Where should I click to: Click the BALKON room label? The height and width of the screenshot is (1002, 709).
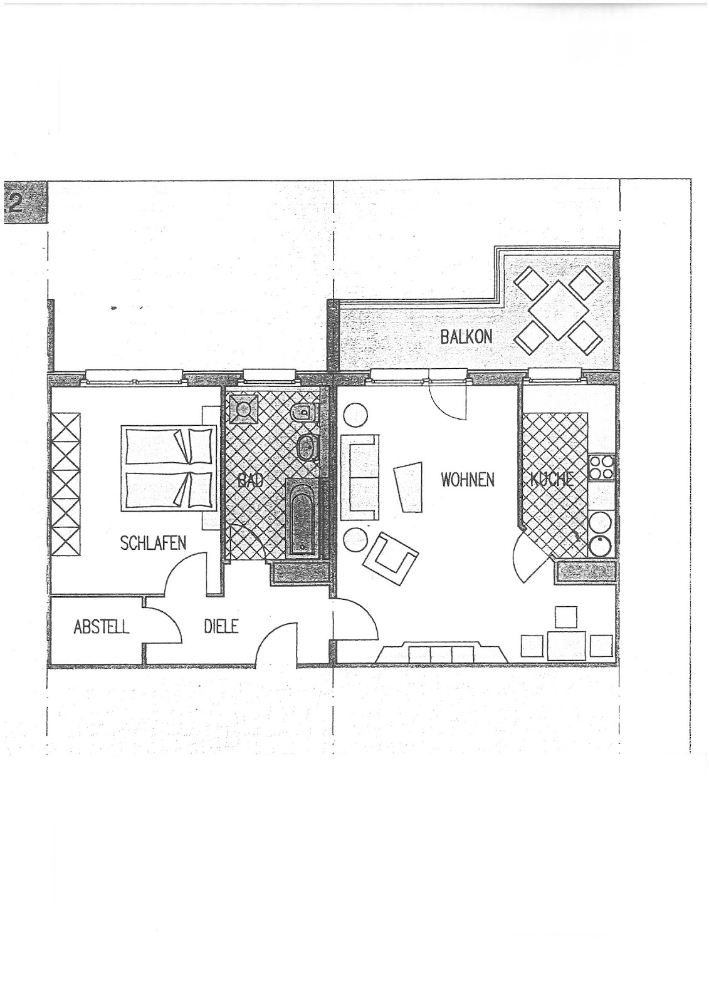466,336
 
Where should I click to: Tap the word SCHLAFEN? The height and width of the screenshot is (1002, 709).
153,543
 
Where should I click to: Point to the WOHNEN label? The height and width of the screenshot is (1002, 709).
468,480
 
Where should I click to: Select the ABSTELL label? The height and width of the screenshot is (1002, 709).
101,627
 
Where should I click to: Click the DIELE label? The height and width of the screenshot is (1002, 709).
221,627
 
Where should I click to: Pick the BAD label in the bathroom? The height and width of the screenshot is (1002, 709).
250,482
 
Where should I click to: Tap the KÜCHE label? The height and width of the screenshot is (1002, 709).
552,480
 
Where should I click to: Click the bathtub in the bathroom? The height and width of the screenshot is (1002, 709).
303,519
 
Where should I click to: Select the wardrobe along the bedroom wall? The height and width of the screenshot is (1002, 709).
66,485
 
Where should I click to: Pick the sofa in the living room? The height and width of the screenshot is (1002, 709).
359,478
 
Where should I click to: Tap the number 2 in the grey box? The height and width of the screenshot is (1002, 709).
15,203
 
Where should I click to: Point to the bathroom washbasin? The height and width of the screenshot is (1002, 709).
307,447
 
